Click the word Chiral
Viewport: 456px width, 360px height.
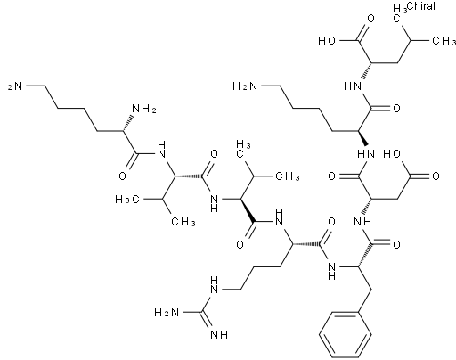coord(421,6)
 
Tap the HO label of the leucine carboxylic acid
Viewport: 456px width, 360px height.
coord(327,41)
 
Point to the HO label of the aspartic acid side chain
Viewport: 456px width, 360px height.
coord(392,154)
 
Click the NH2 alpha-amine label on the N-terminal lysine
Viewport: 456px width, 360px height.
coord(144,109)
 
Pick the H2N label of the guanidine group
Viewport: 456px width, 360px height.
coord(167,313)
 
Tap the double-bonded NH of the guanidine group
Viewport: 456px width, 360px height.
coord(219,335)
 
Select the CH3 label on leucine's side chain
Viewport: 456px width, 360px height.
coord(444,41)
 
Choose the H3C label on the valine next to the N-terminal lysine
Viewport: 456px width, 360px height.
coord(127,200)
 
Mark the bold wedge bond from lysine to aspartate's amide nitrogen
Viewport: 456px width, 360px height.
coord(362,138)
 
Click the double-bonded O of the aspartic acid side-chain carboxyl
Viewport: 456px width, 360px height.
coord(436,176)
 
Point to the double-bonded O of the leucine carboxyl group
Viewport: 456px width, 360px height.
coord(370,19)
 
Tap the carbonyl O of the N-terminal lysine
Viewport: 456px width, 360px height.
coord(122,176)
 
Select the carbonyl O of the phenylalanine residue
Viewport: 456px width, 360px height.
coord(396,245)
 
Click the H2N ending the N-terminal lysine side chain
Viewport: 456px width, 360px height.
coord(11,86)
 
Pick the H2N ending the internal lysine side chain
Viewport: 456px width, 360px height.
coord(245,86)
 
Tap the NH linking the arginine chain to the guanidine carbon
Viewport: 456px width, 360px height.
coord(215,285)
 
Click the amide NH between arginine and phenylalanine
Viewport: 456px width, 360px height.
coord(332,271)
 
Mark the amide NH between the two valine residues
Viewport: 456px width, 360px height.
coord(215,203)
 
